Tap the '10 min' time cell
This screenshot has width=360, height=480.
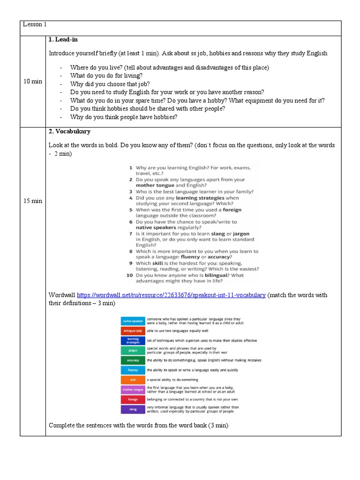pyautogui.click(x=32, y=81)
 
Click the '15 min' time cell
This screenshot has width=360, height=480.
pyautogui.click(x=32, y=201)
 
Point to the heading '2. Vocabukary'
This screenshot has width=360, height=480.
pyautogui.click(x=70, y=132)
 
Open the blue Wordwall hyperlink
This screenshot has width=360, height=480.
pyautogui.click(x=171, y=295)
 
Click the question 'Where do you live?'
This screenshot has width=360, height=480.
pyautogui.click(x=97, y=67)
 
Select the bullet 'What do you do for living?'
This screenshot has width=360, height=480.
pyautogui.click(x=106, y=76)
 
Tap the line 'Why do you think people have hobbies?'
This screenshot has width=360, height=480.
pyautogui.click(x=124, y=117)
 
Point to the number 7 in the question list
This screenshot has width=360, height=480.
pyautogui.click(x=131, y=233)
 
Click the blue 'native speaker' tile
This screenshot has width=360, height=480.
pyautogui.click(x=133, y=321)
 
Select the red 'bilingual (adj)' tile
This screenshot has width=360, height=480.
pyautogui.click(x=133, y=331)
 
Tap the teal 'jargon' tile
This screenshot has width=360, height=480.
pyautogui.click(x=133, y=350)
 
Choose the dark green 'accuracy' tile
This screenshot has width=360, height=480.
pyautogui.click(x=133, y=360)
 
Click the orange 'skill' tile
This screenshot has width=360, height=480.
pyautogui.click(x=133, y=380)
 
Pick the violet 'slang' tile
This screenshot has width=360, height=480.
pyautogui.click(x=133, y=409)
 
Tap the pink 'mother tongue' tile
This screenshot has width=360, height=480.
pyautogui.click(x=133, y=390)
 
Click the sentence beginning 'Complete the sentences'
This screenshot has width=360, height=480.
pyautogui.click(x=138, y=426)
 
